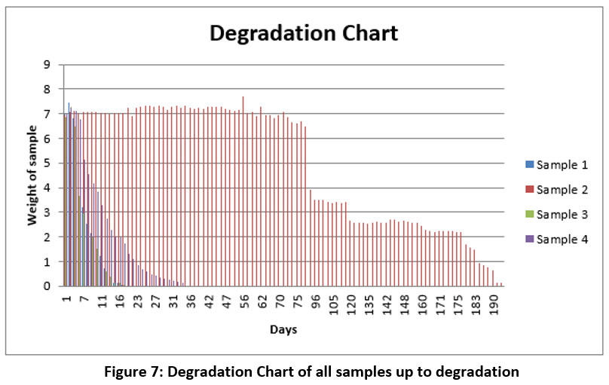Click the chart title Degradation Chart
[x=303, y=34]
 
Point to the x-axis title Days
[x=283, y=329]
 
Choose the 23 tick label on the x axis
[x=138, y=301]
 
